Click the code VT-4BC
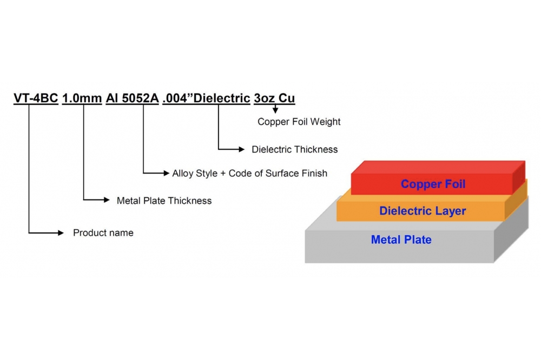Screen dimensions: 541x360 coord(36,98)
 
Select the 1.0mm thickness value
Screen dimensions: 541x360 coord(82,98)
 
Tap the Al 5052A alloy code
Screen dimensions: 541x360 coord(132,98)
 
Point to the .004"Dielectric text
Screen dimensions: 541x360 coord(206,98)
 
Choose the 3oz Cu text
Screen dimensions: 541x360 coord(274,98)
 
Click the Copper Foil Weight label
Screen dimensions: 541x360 coord(299,122)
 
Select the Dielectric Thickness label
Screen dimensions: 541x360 coord(295,149)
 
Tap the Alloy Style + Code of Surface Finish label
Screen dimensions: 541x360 coord(250,173)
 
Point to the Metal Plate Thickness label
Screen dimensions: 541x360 coord(164,201)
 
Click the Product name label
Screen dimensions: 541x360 coord(103,233)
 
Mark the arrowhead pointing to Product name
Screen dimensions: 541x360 coord(61,233)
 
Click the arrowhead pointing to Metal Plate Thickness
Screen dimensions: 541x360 coord(107,199)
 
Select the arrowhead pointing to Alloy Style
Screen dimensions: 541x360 coord(166,173)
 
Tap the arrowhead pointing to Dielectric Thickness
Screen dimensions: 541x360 coord(241,149)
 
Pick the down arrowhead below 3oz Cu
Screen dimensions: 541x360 coord(275,110)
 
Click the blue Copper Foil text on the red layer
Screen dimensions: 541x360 coord(433,184)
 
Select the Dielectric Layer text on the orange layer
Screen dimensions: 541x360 coord(423,211)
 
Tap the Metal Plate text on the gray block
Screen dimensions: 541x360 coord(401,239)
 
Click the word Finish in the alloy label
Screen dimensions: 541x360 coord(314,173)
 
